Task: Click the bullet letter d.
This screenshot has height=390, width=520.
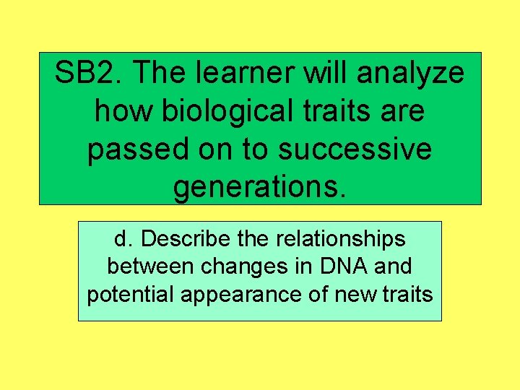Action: click(120, 238)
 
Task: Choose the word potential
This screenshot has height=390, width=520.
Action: click(127, 295)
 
